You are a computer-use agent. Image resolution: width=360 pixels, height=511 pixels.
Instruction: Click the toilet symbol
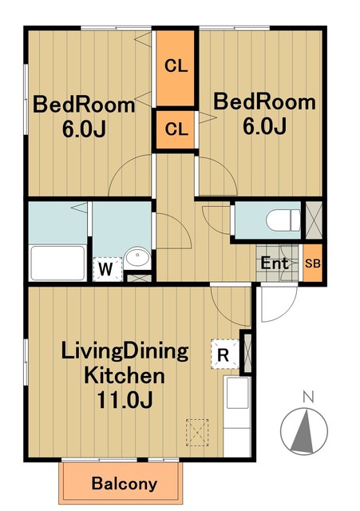283,220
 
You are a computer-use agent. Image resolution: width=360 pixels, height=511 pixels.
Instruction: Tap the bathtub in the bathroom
58,263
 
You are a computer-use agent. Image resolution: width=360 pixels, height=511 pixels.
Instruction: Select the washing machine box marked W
107,269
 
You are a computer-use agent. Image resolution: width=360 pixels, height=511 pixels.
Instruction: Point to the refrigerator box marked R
225,355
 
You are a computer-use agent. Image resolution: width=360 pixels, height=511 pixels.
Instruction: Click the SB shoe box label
313,263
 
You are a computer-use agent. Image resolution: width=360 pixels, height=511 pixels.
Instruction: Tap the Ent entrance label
275,263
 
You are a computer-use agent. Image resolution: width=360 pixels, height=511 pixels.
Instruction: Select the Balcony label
125,484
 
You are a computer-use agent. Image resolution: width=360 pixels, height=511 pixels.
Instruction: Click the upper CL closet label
176,66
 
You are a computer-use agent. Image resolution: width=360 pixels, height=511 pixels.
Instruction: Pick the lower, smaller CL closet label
176,129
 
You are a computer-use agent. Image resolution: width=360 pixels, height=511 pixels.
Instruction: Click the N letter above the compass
308,398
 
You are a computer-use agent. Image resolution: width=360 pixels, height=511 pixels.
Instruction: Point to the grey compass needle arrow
303,431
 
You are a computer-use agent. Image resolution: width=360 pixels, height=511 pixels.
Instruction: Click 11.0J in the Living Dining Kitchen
125,400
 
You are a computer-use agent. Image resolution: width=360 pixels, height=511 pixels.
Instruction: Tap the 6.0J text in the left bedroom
84,129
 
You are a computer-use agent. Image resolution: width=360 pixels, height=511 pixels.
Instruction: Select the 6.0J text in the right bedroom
264,125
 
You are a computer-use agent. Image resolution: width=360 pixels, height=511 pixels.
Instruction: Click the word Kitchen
125,376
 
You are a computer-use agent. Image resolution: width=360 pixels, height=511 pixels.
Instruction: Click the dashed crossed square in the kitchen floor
197,433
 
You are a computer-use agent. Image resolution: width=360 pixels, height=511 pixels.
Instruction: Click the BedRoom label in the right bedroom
264,101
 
